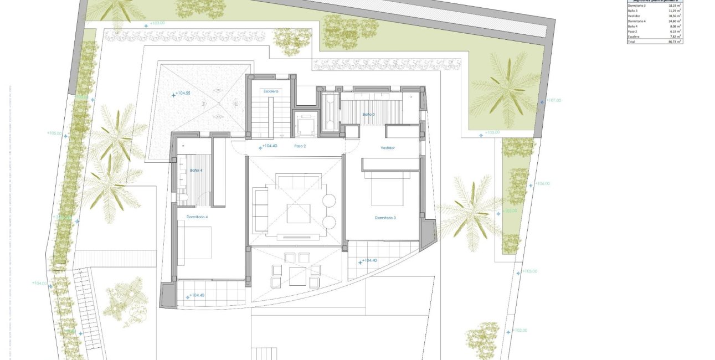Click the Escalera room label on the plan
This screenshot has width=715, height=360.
pyautogui.click(x=271, y=90)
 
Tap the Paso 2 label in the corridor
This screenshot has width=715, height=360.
pyautogui.click(x=300, y=146)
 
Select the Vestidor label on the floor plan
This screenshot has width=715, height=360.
pyautogui.click(x=387, y=148)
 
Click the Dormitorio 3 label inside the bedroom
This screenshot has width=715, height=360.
pyautogui.click(x=385, y=218)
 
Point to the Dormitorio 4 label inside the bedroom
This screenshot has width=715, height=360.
pyautogui.click(x=197, y=217)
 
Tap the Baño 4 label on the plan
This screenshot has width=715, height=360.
pyautogui.click(x=196, y=171)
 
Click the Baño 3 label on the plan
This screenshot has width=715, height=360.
pyautogui.click(x=369, y=114)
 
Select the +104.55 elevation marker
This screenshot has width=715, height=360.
pyautogui.click(x=182, y=94)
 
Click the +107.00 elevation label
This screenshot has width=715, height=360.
pyautogui.click(x=553, y=100)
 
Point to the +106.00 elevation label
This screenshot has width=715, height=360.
pyautogui.click(x=542, y=183)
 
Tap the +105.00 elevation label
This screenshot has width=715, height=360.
pyautogui.click(x=55, y=133)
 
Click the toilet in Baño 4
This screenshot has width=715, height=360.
pyautogui.click(x=181, y=198)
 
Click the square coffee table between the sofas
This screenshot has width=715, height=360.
pyautogui.click(x=298, y=213)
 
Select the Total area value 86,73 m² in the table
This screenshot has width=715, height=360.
pyautogui.click(x=675, y=42)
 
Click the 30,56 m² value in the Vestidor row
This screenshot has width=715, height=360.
pyautogui.click(x=675, y=16)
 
